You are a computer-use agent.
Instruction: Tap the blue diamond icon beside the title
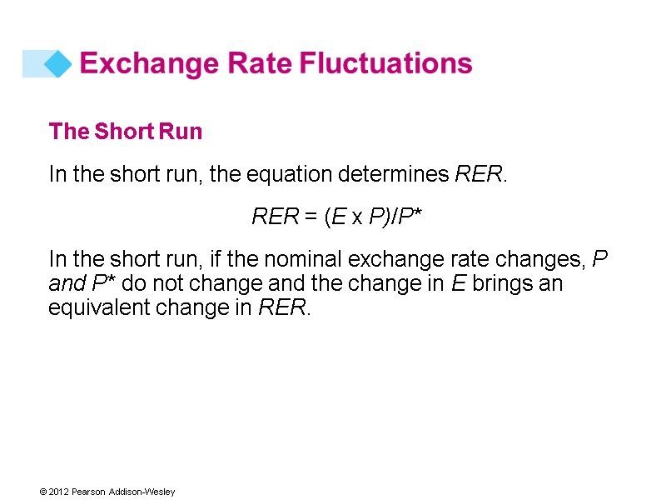57,63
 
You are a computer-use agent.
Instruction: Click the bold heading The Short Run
126,132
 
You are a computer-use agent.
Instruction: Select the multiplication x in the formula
355,218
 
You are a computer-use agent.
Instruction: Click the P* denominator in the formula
410,217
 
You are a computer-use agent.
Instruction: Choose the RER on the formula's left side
275,217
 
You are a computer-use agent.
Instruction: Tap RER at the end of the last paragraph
283,308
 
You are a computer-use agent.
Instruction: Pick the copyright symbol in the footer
42,492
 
